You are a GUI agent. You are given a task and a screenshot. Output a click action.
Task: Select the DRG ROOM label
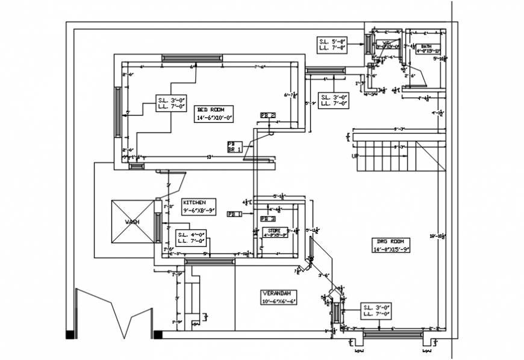coord(391,245)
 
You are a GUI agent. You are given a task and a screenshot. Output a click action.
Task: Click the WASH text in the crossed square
coord(133,222)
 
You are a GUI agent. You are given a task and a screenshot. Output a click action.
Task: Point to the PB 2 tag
coord(267,115)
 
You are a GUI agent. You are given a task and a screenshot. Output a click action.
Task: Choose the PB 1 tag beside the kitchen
coord(234,214)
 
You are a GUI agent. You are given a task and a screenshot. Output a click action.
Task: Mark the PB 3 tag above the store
coord(268,219)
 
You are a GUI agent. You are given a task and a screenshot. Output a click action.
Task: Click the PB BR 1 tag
coord(234,146)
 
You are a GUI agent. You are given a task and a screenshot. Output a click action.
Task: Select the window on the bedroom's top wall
coord(192,58)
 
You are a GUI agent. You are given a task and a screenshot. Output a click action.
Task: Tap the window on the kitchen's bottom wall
coord(209,261)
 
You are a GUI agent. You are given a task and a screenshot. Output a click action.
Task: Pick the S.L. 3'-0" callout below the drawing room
coord(377,311)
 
